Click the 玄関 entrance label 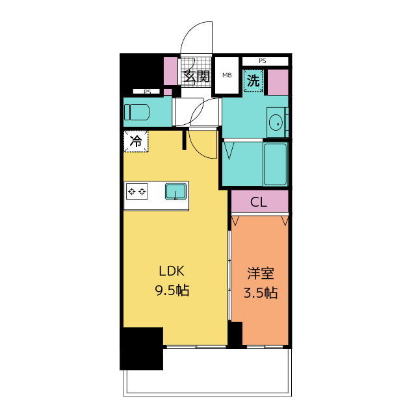click(196, 77)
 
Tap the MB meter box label click(227, 75)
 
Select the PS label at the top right click(263, 61)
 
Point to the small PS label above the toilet click(148, 92)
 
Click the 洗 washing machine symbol click(253, 81)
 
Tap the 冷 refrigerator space click(136, 142)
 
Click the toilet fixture click(137, 112)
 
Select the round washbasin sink click(276, 123)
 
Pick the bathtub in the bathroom click(276, 164)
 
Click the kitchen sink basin click(175, 191)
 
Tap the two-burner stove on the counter click(137, 191)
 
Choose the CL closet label click(259, 202)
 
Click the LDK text click(172, 271)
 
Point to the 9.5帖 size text click(172, 291)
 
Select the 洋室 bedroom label click(261, 273)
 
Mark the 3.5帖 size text click(261, 293)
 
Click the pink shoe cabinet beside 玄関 click(170, 71)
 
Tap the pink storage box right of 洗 click(278, 83)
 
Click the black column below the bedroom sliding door click(235, 334)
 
